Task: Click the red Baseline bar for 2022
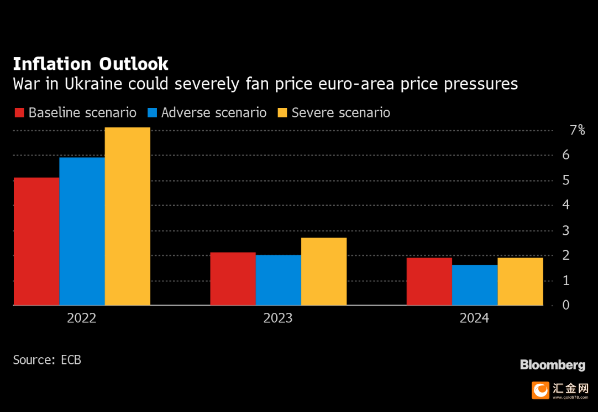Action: [x=36, y=241]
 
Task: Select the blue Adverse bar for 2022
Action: [x=82, y=231]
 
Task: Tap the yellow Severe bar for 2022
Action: [x=127, y=217]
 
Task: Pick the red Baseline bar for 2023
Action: [x=233, y=279]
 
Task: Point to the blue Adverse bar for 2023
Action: [x=278, y=280]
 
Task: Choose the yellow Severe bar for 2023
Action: [x=324, y=271]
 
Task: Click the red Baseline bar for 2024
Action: [x=429, y=281]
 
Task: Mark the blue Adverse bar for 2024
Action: [x=475, y=285]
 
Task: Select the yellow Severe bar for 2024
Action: [x=520, y=281]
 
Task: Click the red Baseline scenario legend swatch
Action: [x=19, y=113]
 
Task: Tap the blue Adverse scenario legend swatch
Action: [x=153, y=113]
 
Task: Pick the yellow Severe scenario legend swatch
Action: [x=282, y=113]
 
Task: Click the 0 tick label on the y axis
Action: [x=566, y=305]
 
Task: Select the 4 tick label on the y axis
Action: [x=566, y=205]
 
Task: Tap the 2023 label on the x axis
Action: [x=278, y=318]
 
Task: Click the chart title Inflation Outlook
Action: [x=91, y=64]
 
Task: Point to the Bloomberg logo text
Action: [x=553, y=365]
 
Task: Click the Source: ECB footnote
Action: [x=47, y=360]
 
